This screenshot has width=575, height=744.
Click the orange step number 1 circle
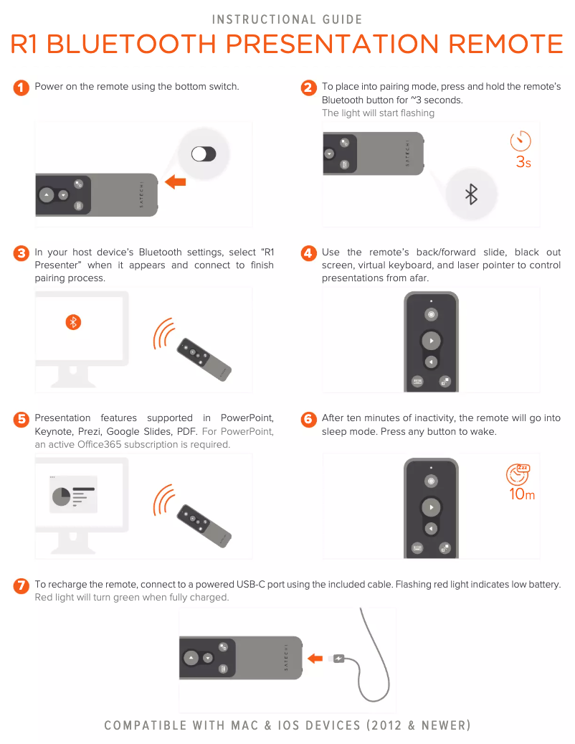pos(21,88)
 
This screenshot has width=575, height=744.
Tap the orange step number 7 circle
pos(21,586)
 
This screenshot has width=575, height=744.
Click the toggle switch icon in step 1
pos(204,154)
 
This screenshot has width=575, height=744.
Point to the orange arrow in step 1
pos(176,182)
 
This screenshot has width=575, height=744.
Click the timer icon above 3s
pos(521,141)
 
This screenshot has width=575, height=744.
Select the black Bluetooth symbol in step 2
pos(471,194)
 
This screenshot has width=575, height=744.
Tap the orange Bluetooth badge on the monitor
pos(73,322)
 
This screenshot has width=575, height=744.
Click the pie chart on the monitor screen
pos(61,496)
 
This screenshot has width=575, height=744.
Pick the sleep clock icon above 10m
pos(518,474)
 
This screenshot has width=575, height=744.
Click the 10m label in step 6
pos(522,494)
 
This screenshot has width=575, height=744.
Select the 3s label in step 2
pos(523,162)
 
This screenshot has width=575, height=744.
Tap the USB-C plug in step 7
pos(338,659)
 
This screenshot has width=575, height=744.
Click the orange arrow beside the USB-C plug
pos(315,659)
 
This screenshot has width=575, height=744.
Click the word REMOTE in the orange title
pos(505,44)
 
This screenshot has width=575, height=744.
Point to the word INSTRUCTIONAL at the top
pos(264,19)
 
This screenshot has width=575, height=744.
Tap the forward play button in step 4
pos(431,341)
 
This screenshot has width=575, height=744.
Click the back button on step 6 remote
pos(431,529)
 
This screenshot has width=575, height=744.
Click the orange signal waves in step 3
pos(163,334)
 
